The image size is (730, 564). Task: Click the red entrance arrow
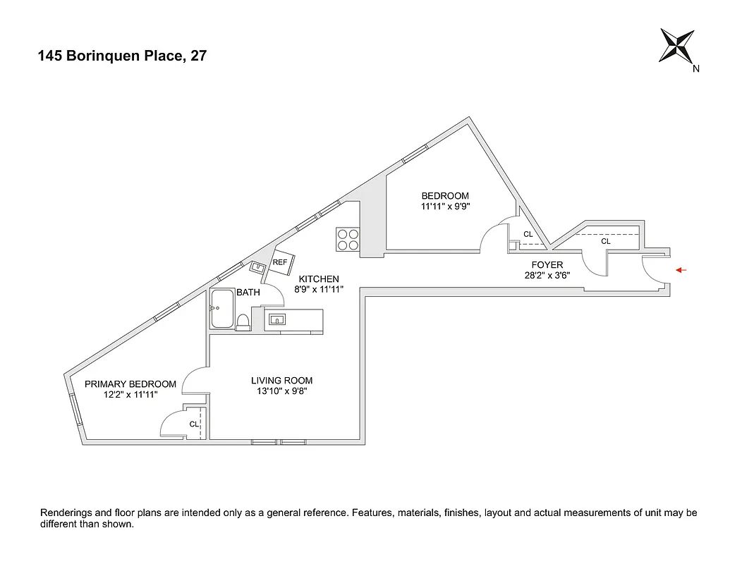(x=681, y=270)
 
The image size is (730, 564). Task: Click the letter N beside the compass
(x=696, y=68)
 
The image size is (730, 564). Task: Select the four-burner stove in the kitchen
(x=347, y=240)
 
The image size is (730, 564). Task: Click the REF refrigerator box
(x=280, y=262)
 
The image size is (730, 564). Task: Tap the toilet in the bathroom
(x=243, y=322)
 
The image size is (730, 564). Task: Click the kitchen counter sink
(x=277, y=319)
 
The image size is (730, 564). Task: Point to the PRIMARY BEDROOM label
(x=130, y=384)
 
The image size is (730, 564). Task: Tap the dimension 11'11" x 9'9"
(x=445, y=207)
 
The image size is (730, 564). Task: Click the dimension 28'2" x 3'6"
(x=547, y=276)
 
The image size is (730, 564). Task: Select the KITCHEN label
(x=317, y=279)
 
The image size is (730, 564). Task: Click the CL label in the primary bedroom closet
(x=193, y=424)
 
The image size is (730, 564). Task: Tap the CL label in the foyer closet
(x=605, y=241)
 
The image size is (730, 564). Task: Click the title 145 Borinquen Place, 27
(x=122, y=56)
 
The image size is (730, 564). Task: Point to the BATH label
(x=248, y=292)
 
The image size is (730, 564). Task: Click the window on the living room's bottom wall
(x=279, y=442)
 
